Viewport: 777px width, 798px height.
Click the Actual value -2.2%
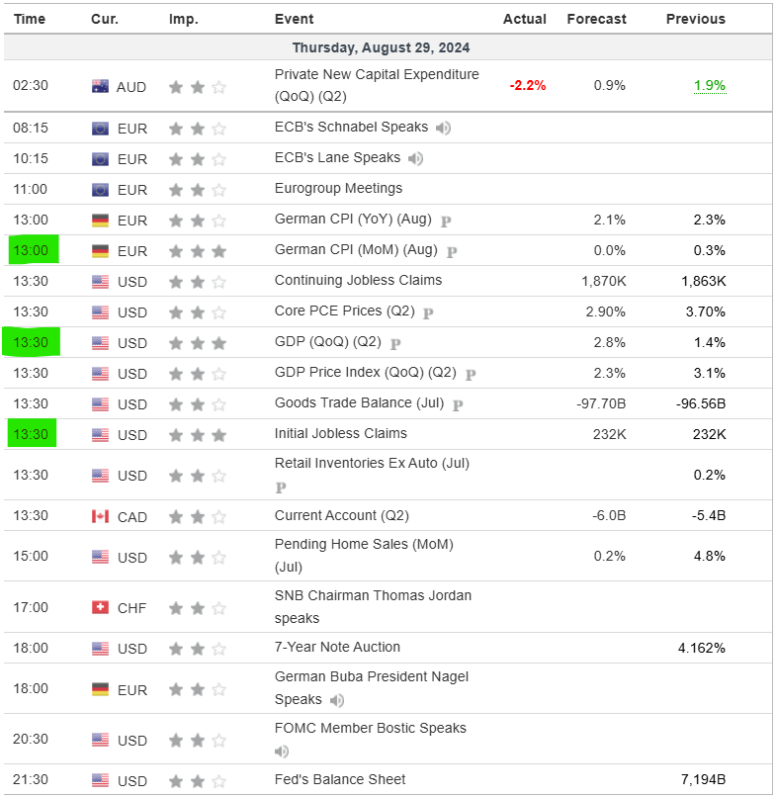click(x=527, y=86)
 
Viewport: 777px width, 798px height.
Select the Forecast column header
click(x=596, y=19)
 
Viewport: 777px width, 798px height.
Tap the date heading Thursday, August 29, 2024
click(x=381, y=47)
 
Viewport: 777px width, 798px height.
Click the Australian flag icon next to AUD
click(x=100, y=86)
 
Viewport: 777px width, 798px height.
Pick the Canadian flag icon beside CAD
click(x=100, y=515)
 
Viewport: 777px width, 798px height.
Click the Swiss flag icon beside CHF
click(x=100, y=607)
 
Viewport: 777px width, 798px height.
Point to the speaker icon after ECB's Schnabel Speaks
click(x=443, y=128)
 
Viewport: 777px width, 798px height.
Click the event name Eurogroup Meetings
click(x=338, y=188)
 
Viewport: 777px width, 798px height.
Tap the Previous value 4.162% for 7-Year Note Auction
click(x=700, y=648)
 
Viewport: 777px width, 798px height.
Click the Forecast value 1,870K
click(x=603, y=281)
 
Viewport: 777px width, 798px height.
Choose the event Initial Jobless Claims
click(x=340, y=433)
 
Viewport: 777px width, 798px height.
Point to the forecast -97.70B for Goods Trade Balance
click(x=601, y=403)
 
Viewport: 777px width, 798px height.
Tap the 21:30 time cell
click(x=30, y=781)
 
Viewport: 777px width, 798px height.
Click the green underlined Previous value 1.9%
click(x=709, y=86)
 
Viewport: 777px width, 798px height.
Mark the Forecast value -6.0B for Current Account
click(x=609, y=515)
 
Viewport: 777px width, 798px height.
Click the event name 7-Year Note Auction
click(x=337, y=647)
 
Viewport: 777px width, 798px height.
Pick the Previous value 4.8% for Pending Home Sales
click(x=709, y=556)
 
